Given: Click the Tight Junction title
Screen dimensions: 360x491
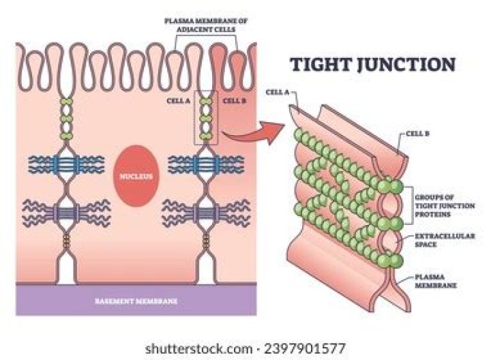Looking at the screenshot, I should pyautogui.click(x=372, y=65).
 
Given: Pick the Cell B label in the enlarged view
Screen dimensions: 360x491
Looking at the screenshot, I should pyautogui.click(x=416, y=134).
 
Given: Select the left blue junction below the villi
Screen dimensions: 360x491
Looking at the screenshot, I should pyautogui.click(x=69, y=163).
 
